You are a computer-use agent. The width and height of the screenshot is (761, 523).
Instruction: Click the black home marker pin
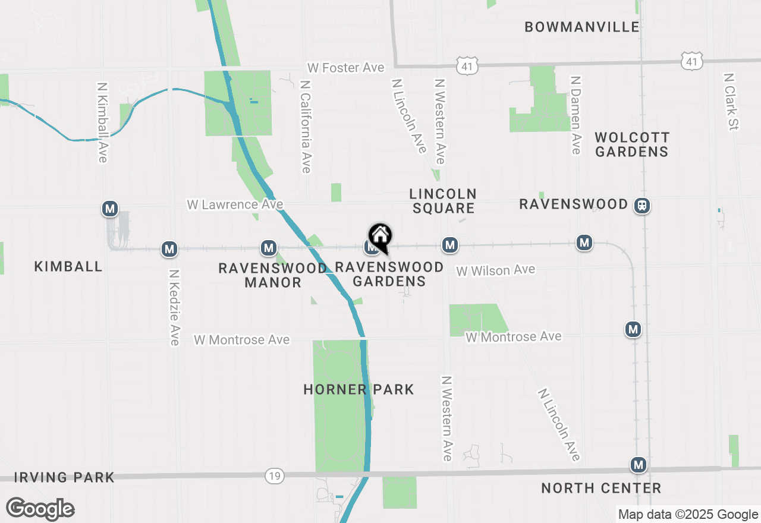[380, 237]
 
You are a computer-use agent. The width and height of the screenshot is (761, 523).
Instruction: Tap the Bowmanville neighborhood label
[582, 27]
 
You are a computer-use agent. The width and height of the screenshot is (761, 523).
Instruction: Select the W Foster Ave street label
[345, 68]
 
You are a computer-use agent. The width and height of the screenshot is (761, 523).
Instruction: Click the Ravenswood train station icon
[642, 206]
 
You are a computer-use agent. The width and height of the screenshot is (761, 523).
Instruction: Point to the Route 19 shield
[275, 476]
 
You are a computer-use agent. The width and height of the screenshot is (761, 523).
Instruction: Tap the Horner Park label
[359, 389]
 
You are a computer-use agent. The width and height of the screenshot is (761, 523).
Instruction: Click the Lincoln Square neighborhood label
[443, 201]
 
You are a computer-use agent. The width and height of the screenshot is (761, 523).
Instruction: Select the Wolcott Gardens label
[632, 145]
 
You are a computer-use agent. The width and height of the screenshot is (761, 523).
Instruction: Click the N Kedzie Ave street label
[174, 307]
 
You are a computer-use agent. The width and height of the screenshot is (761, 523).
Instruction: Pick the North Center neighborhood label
[601, 489]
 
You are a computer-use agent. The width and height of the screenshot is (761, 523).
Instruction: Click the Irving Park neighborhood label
[64, 477]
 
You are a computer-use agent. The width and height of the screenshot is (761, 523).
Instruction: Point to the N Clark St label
[731, 102]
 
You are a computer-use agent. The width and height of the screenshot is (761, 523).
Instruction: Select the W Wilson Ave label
[496, 270]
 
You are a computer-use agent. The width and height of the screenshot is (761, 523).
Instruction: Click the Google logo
[40, 509]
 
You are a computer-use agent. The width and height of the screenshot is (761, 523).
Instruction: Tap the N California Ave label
[306, 127]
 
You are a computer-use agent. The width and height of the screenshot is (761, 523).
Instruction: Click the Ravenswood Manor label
[273, 275]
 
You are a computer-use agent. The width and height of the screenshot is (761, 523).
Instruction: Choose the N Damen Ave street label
[575, 115]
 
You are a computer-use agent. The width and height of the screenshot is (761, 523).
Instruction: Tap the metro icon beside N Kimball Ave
[109, 209]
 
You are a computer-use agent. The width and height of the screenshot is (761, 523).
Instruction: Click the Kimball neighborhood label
[68, 266]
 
